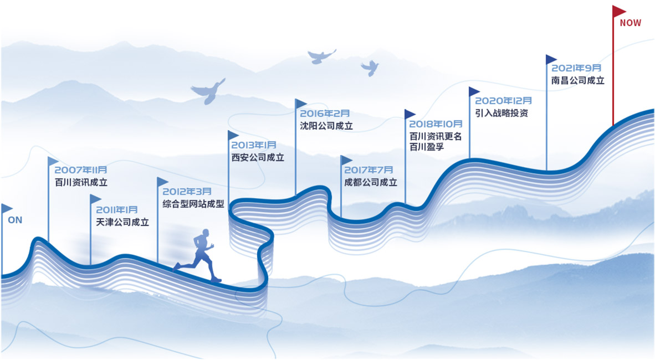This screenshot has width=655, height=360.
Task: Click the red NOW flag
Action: (x=618, y=11)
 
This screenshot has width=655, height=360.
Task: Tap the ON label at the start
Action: (x=15, y=220)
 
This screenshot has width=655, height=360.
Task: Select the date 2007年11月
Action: (x=81, y=169)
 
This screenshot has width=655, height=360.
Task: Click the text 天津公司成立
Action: (x=122, y=222)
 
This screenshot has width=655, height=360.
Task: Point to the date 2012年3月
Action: (x=187, y=191)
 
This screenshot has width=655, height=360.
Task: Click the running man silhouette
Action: (x=200, y=256)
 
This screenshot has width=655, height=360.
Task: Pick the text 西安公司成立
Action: (x=258, y=157)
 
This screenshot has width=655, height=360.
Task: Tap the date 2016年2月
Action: (x=325, y=114)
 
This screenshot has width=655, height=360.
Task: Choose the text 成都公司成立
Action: (x=371, y=182)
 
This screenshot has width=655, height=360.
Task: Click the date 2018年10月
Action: (x=436, y=124)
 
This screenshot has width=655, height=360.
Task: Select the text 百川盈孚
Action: (x=427, y=147)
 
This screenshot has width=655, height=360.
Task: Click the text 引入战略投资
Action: (x=502, y=113)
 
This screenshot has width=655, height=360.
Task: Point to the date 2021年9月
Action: (x=576, y=68)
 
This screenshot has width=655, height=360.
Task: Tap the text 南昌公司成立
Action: (x=577, y=80)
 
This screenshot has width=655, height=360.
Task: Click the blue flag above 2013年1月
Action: (x=233, y=135)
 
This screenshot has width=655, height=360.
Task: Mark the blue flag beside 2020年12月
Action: (x=474, y=91)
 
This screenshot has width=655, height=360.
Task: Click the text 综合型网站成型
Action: (x=193, y=204)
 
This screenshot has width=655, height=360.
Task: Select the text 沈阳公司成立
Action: (x=326, y=126)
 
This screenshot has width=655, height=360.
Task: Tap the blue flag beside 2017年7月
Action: (x=346, y=161)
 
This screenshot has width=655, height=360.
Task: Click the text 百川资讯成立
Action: (x=81, y=182)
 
